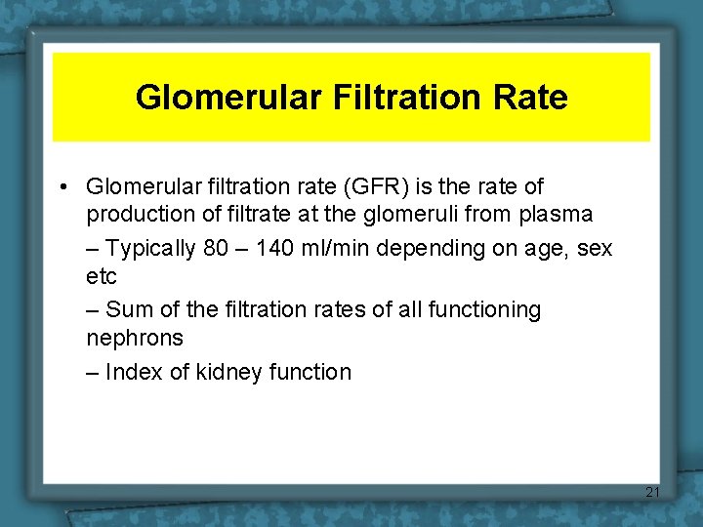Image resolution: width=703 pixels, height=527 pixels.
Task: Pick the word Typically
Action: (x=150, y=249)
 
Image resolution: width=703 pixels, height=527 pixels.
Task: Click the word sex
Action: (x=595, y=249)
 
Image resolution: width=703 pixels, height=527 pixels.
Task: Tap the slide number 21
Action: (x=653, y=491)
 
